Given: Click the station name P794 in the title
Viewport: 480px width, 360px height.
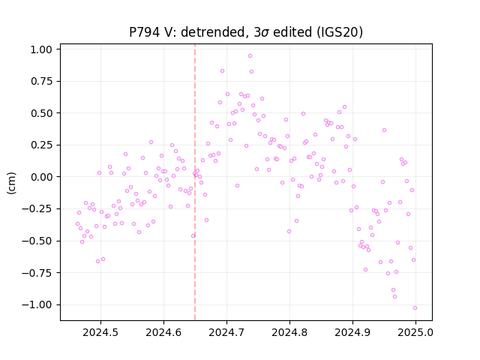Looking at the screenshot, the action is tap(145, 31).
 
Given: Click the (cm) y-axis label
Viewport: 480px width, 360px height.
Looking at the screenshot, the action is tap(11, 183).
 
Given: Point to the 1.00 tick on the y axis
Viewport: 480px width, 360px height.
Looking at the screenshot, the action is tap(41, 49).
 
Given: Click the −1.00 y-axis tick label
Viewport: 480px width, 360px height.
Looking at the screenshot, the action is tap(37, 304).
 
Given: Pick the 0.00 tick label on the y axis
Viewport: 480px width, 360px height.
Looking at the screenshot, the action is tap(41, 177).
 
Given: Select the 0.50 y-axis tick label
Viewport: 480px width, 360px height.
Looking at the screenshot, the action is tap(41, 113).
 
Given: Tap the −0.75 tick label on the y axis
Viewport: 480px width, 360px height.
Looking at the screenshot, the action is tap(37, 273).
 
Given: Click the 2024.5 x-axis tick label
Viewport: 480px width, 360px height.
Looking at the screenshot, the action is tap(100, 332).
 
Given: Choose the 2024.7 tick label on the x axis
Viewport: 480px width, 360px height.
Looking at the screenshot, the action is tap(226, 332).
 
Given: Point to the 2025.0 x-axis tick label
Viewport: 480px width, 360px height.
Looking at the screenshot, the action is tap(415, 332).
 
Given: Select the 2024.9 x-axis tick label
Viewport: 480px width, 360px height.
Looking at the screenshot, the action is tap(352, 332).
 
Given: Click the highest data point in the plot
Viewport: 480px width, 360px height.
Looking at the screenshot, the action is tap(250, 55).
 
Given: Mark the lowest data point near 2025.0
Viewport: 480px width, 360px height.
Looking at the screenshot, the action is tap(415, 307).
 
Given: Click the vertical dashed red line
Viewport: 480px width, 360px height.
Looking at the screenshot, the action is tap(195, 182).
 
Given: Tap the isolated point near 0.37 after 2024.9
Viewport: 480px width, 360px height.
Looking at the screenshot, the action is tap(384, 130).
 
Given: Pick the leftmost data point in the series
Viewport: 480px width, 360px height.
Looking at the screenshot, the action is tap(77, 223).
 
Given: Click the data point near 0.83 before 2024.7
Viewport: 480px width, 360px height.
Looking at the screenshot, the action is tap(222, 70).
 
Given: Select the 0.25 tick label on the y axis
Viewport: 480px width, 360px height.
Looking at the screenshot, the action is tap(41, 145).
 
